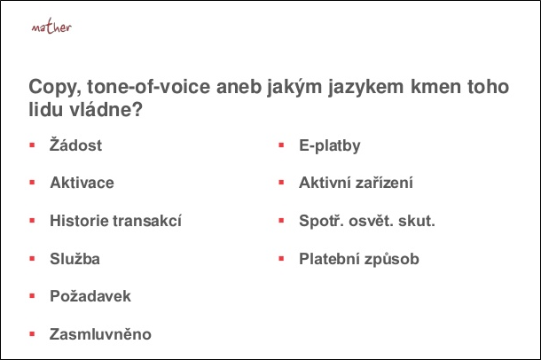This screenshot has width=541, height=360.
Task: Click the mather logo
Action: pos(51,27)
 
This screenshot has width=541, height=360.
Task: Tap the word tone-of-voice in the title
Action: pos(149,86)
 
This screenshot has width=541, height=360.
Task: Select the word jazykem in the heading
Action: pos(365,87)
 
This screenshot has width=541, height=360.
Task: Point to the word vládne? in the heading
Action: pos(106,110)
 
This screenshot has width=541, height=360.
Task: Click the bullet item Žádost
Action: pos(75,145)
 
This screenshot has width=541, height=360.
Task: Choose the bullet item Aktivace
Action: pos(82,183)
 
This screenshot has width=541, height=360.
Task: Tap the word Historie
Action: pos(79,221)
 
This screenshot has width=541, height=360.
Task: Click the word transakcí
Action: pos(147,221)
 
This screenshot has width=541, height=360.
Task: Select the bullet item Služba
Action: pos(74,259)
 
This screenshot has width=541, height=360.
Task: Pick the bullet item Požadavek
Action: pos(90,296)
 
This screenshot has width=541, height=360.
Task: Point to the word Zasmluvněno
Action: pos(100,333)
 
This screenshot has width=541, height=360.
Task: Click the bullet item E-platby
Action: pos(330,145)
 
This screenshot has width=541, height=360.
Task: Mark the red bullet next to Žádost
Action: pos(33,145)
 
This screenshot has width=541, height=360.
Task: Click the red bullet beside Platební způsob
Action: pos(281,259)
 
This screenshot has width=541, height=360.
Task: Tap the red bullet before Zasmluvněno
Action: pos(33,333)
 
